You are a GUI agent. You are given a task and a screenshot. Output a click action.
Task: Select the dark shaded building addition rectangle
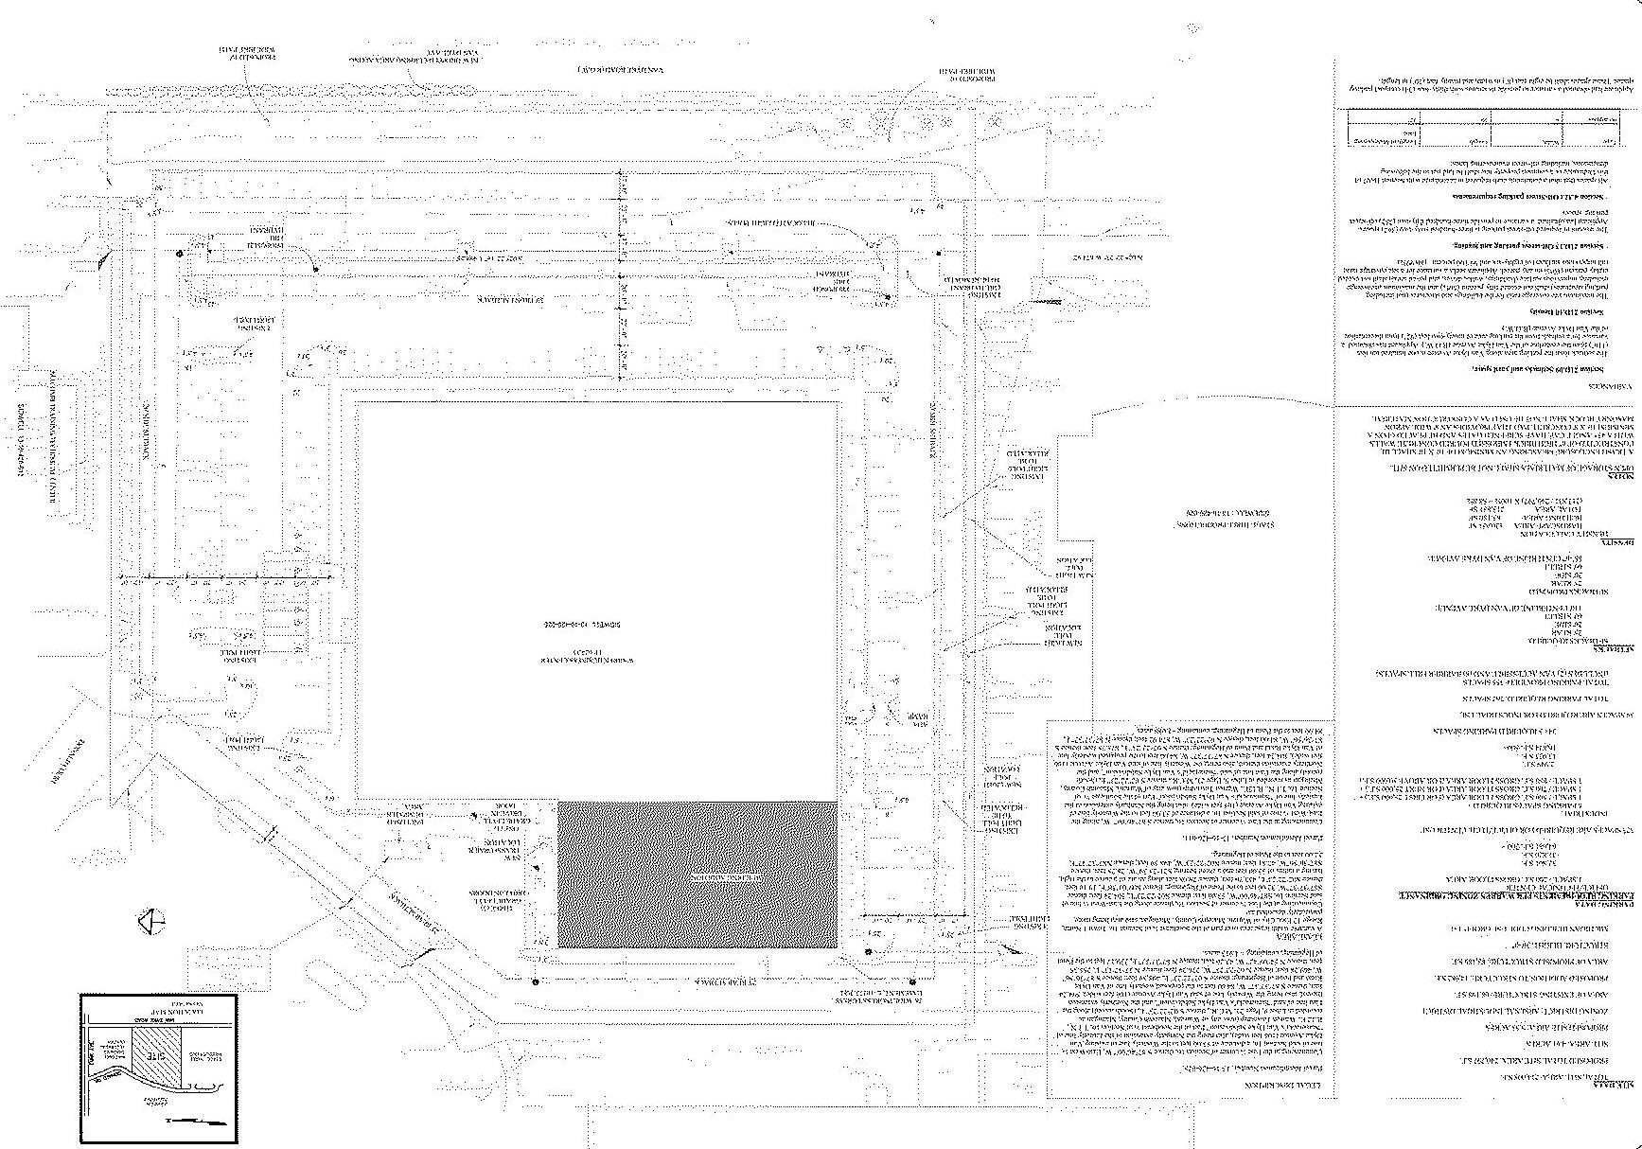click(x=697, y=875)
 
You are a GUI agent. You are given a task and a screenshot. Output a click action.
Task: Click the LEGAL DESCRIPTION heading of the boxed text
click(x=1189, y=1084)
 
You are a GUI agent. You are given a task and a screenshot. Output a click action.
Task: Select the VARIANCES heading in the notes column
click(x=1614, y=388)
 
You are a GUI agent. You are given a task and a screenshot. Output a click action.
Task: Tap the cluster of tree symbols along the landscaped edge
click(x=913, y=121)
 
